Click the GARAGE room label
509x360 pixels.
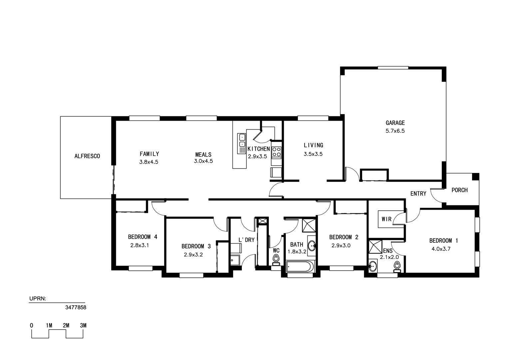click(x=395, y=123)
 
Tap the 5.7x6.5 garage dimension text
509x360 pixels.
click(x=395, y=131)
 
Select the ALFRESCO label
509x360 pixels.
click(x=87, y=156)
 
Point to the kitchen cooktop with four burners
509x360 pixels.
click(x=276, y=152)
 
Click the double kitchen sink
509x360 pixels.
click(x=242, y=144)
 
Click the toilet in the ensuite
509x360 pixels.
click(x=397, y=267)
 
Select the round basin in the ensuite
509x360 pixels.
click(x=372, y=266)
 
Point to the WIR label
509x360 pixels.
click(x=386, y=219)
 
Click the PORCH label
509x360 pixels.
click(x=459, y=190)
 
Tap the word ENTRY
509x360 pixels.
click(x=418, y=194)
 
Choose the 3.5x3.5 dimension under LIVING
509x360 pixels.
click(x=313, y=154)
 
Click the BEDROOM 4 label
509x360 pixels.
click(x=143, y=237)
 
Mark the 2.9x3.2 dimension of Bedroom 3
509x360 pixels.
click(x=194, y=255)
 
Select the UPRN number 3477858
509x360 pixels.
click(x=76, y=307)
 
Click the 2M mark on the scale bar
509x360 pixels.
click(x=66, y=325)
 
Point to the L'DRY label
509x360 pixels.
click(x=247, y=240)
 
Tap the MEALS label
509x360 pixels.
click(x=204, y=155)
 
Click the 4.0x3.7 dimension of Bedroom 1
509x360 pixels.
click(x=441, y=249)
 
